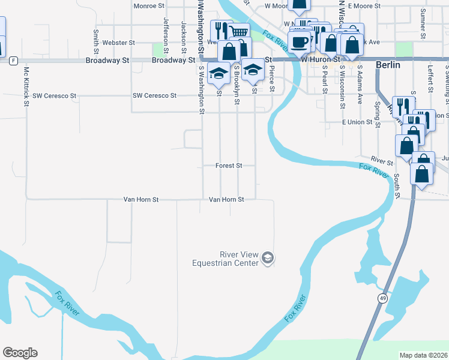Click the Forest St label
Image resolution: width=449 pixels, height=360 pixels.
click(x=229, y=166)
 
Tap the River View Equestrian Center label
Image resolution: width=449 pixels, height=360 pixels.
click(x=225, y=259)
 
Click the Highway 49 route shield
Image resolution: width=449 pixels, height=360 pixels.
click(x=382, y=298)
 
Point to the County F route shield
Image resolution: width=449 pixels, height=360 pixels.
click(x=13, y=61)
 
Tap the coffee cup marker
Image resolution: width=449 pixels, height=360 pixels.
click(x=299, y=42)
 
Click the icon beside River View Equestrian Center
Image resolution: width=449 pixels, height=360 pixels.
click(x=268, y=259)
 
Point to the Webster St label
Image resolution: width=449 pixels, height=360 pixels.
click(x=119, y=43)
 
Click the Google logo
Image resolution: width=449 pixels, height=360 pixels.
click(x=20, y=353)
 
